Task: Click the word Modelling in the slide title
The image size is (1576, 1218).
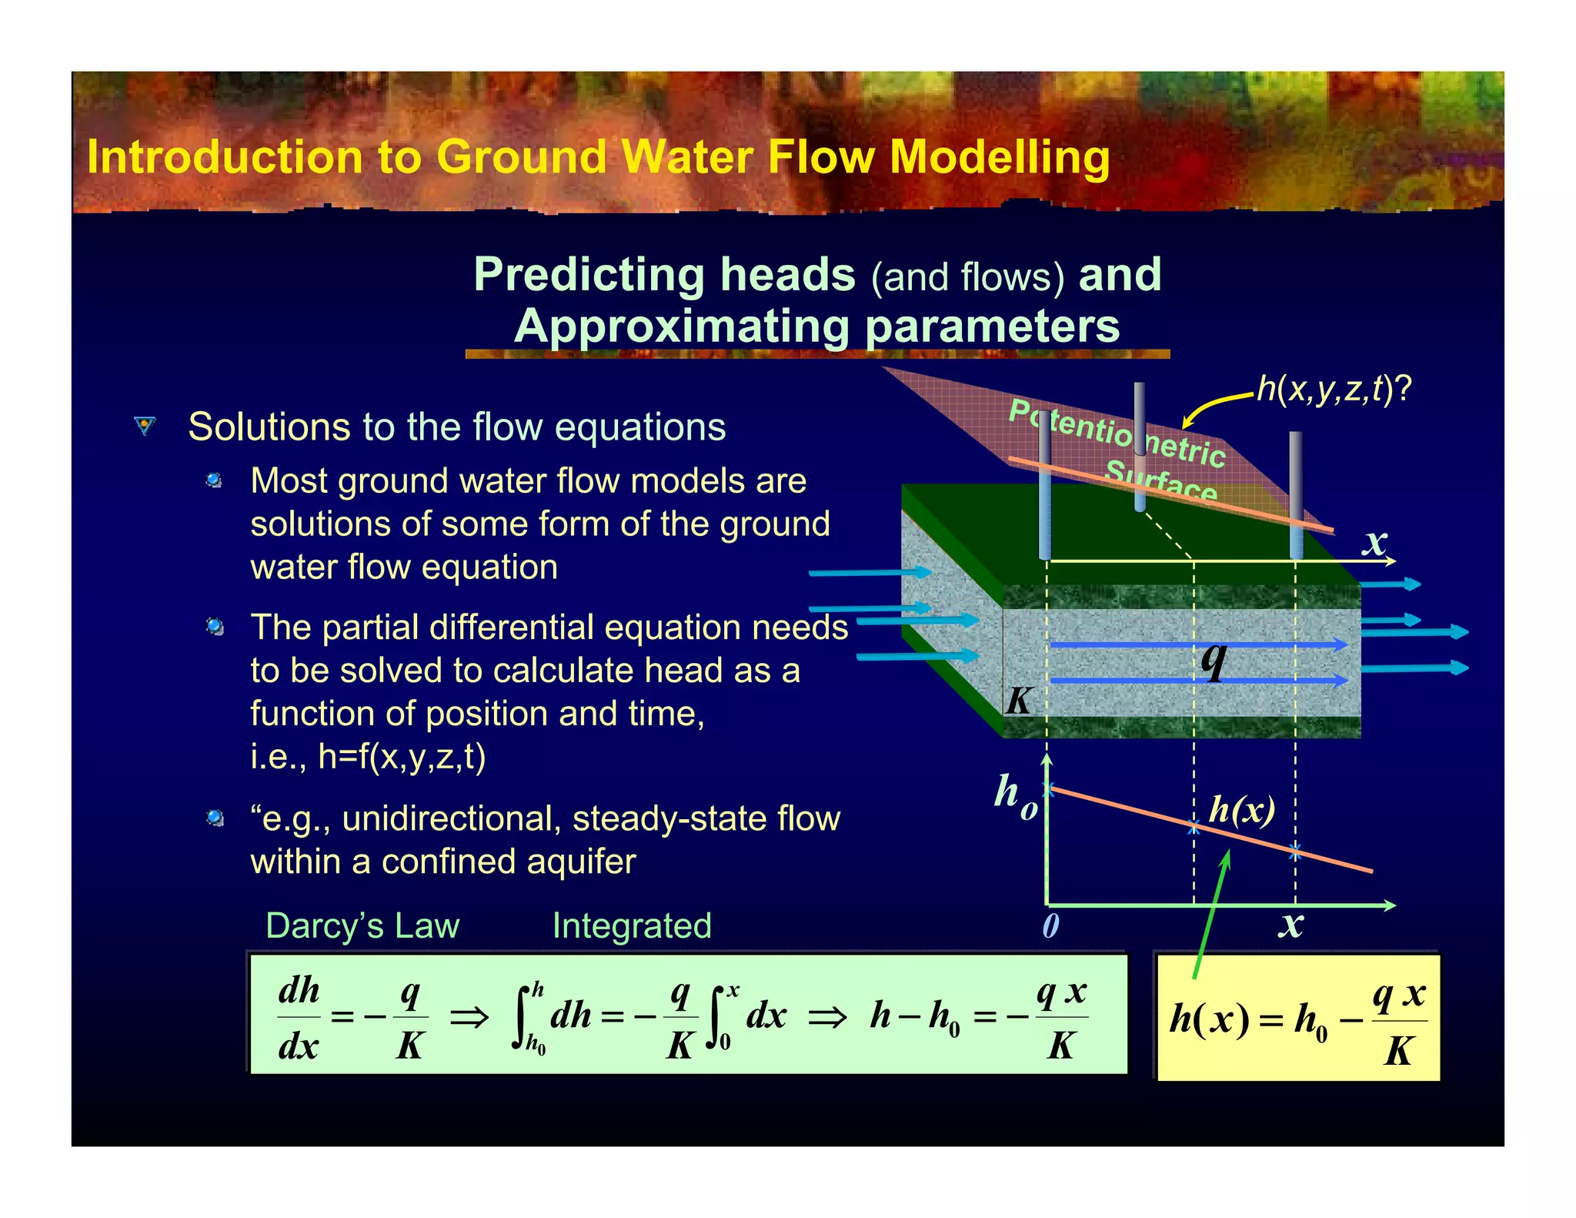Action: (x=999, y=158)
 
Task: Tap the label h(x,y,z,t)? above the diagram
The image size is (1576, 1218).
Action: (x=1334, y=390)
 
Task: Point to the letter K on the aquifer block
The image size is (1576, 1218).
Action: (x=1019, y=701)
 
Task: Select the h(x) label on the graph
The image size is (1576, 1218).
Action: (x=1241, y=810)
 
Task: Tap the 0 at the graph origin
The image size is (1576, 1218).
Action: (x=1050, y=925)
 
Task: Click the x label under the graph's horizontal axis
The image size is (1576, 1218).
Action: (x=1291, y=924)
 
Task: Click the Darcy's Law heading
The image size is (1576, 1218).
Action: (x=362, y=925)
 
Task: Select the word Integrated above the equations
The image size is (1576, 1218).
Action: (x=632, y=925)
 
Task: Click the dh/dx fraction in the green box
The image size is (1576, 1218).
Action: (x=299, y=1017)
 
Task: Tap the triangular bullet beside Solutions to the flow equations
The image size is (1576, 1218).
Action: (x=145, y=426)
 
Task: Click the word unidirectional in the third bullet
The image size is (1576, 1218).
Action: (x=452, y=818)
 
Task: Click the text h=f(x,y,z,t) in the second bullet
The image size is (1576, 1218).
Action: (x=402, y=757)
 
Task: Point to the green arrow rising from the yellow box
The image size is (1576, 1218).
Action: (x=1211, y=914)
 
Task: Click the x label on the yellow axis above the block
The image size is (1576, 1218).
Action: (x=1374, y=542)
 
